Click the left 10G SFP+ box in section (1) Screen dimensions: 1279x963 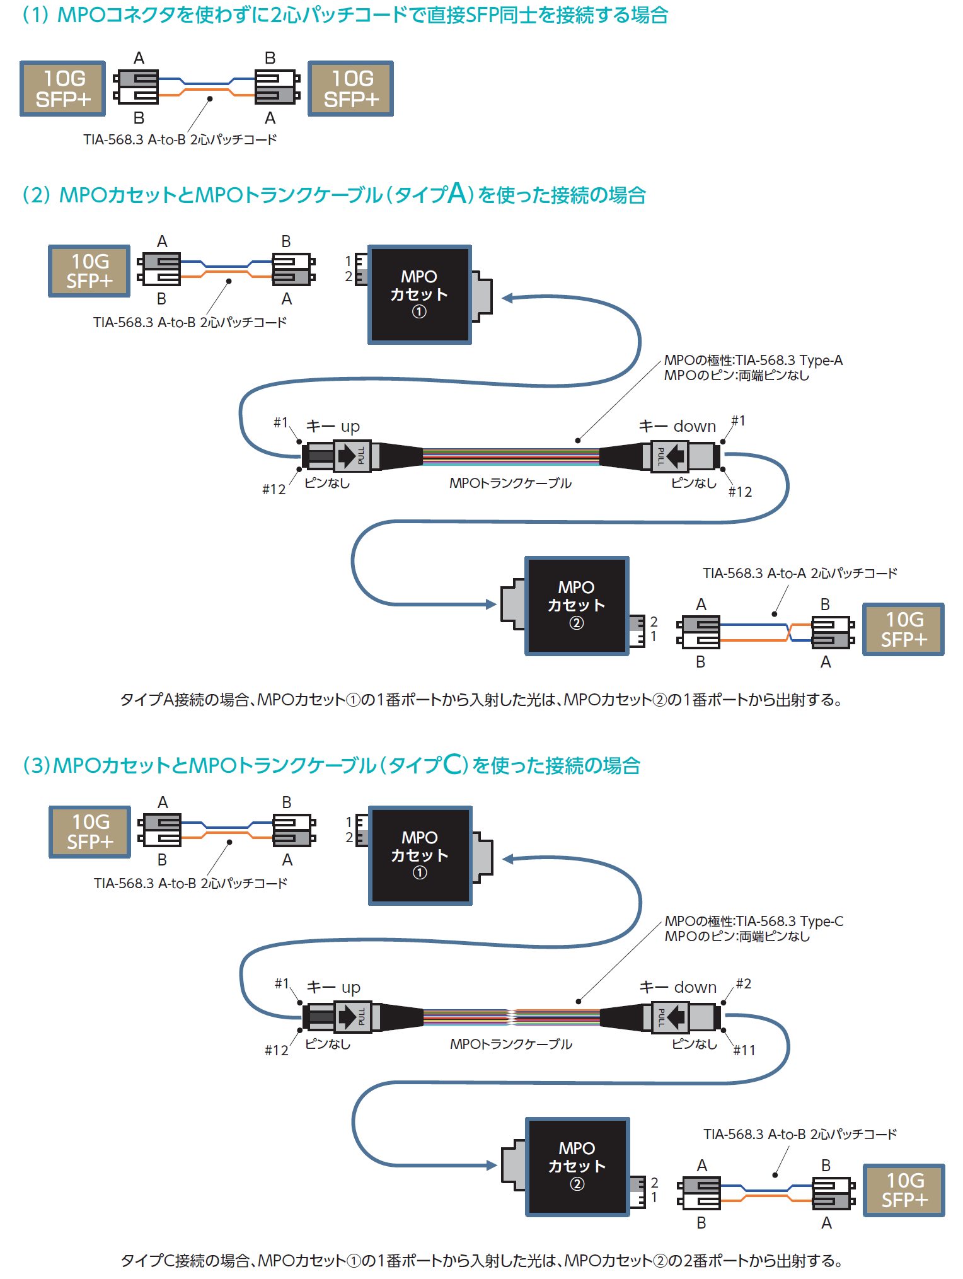click(x=62, y=88)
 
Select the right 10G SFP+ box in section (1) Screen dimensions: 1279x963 click(x=350, y=88)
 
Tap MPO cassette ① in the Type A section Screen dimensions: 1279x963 click(x=419, y=294)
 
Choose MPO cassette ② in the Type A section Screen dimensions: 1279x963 click(x=576, y=605)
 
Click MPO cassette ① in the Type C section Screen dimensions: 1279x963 click(x=420, y=855)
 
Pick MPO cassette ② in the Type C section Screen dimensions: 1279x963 click(x=577, y=1166)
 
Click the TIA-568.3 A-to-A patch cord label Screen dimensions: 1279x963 click(x=799, y=573)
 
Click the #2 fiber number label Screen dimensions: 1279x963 click(x=744, y=983)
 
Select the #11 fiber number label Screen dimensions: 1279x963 click(x=744, y=1050)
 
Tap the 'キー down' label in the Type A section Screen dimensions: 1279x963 click(x=678, y=426)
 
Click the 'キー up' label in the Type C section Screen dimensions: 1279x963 click(x=333, y=987)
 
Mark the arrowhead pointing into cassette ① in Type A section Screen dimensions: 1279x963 click(x=507, y=298)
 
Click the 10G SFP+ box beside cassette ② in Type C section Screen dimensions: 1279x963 click(x=904, y=1190)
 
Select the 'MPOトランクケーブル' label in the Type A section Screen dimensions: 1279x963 click(x=510, y=483)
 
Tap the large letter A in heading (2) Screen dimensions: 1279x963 click(x=458, y=193)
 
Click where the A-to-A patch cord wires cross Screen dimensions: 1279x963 click(x=788, y=632)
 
